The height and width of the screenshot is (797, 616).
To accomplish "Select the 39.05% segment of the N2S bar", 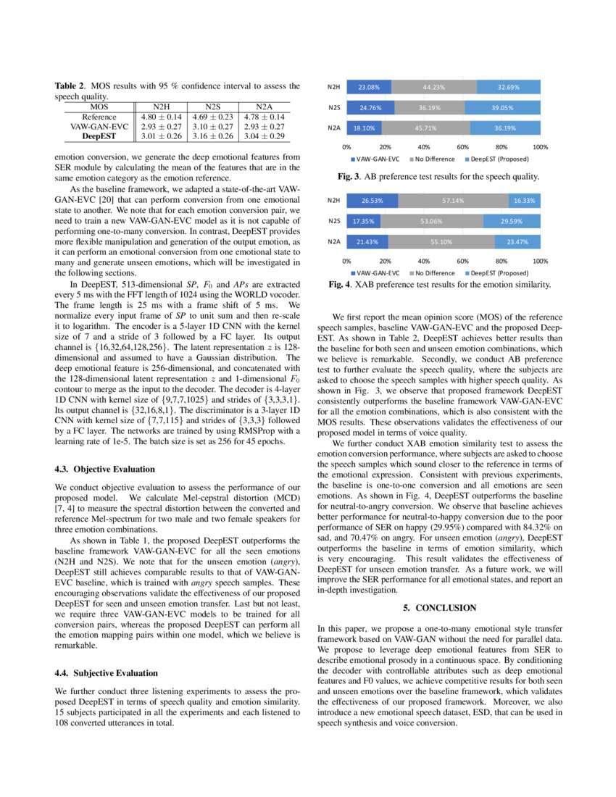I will tap(502, 108).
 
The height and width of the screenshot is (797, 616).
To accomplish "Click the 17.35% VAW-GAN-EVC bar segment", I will tap(364, 221).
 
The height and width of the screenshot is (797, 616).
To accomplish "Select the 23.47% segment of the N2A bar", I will tap(517, 241).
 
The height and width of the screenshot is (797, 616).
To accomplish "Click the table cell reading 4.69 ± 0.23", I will tap(212, 116).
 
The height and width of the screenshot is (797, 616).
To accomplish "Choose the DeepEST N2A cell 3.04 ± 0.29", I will tap(264, 135).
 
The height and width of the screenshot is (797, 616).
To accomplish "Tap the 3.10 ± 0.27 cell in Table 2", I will tap(212, 126).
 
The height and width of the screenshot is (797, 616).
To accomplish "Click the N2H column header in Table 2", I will tap(160, 107).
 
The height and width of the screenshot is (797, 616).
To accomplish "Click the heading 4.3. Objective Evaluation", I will tap(104, 469).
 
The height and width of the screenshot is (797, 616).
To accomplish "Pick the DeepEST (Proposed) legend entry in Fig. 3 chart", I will tap(500, 158).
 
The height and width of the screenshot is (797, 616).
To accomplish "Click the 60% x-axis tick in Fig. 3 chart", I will tap(462, 146).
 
